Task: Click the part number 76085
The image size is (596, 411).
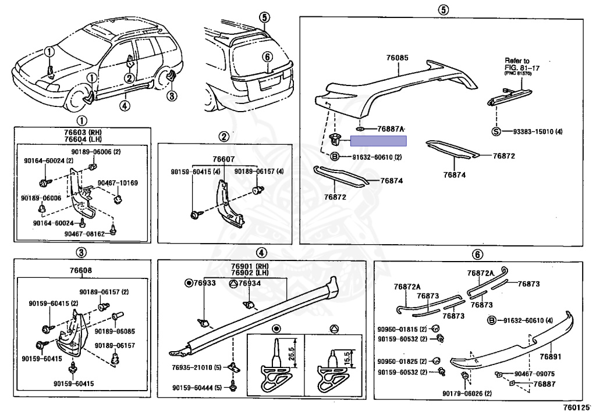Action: tap(398, 58)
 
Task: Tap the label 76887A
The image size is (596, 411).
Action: tap(391, 128)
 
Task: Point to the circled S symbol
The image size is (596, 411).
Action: tap(496, 131)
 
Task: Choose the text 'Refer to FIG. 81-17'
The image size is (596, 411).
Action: tap(517, 64)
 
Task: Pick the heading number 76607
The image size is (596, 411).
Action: tap(223, 159)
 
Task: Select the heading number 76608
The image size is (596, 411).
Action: tap(81, 270)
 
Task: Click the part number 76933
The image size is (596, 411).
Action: tap(205, 283)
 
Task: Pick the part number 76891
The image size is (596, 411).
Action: tap(550, 357)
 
